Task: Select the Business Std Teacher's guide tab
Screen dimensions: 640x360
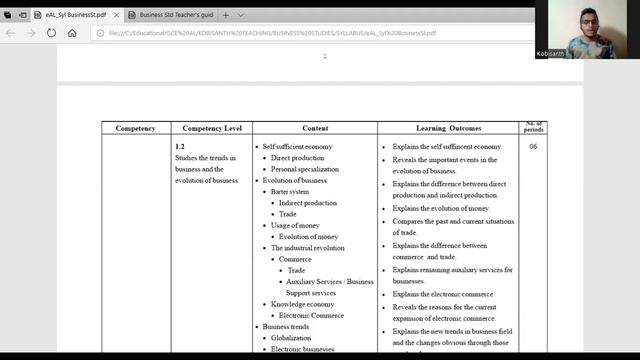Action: tap(175, 15)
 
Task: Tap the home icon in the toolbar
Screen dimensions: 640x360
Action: tap(72, 33)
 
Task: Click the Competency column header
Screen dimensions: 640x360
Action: tap(135, 128)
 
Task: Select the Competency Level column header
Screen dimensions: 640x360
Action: tap(211, 128)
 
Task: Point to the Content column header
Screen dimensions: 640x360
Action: tap(314, 128)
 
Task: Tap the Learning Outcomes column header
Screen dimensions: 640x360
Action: tap(449, 128)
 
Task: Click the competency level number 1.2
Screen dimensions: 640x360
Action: tap(180, 147)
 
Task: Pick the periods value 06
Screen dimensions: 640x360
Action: tap(533, 147)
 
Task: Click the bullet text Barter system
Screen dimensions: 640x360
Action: tap(290, 191)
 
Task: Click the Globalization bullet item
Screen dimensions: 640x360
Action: tap(291, 338)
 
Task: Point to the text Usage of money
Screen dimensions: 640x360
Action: tap(295, 225)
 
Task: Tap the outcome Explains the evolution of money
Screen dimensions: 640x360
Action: tap(441, 208)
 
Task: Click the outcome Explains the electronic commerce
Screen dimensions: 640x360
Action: tap(443, 294)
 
